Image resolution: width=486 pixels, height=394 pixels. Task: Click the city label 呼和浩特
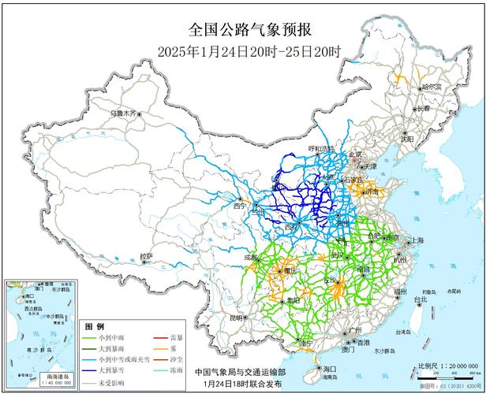pyautogui.click(x=299, y=148)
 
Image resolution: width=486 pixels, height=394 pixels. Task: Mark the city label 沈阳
pyautogui.click(x=406, y=139)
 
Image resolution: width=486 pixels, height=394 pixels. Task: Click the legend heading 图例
pyautogui.click(x=95, y=326)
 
